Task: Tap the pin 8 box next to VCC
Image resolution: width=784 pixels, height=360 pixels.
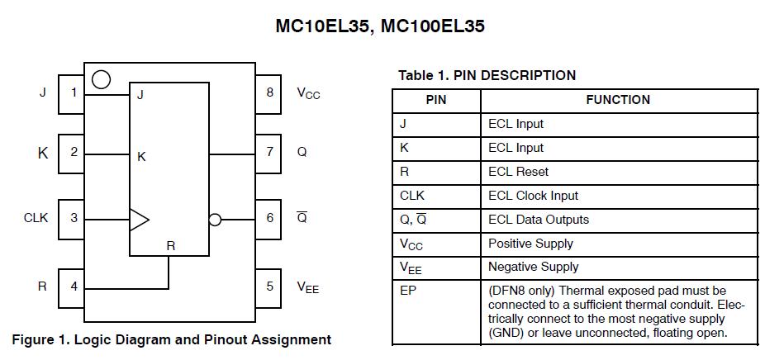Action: tap(269, 92)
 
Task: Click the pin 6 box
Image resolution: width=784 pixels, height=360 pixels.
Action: tap(269, 218)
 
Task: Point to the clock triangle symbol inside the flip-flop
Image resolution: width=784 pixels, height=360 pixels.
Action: tap(139, 219)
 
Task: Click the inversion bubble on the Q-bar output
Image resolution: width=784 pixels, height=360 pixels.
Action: tap(215, 220)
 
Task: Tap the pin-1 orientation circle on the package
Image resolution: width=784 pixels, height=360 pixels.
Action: tap(101, 80)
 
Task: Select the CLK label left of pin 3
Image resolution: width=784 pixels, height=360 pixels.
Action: tap(36, 218)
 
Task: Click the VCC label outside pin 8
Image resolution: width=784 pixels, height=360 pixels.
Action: tap(308, 93)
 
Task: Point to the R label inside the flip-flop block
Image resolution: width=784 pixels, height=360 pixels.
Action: tap(170, 245)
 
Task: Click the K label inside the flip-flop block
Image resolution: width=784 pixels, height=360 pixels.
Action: tap(141, 156)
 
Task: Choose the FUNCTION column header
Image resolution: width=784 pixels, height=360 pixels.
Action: tap(618, 100)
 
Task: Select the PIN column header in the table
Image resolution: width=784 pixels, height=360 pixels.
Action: tap(435, 100)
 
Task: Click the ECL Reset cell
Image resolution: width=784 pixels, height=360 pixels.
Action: tap(518, 172)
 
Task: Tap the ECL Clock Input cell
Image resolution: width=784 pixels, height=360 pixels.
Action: tap(533, 196)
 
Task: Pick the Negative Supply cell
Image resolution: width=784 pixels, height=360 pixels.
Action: tap(533, 267)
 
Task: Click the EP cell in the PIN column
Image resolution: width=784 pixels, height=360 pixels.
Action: tap(407, 291)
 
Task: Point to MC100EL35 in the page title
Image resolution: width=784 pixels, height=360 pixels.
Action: tap(433, 26)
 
